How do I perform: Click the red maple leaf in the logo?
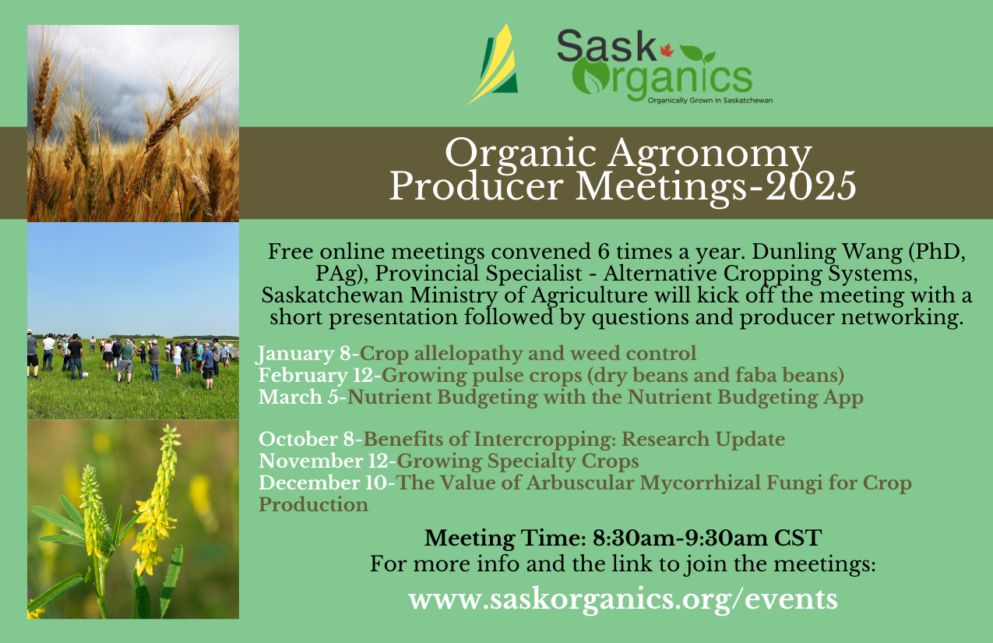click(667, 50)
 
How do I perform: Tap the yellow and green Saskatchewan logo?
click(492, 65)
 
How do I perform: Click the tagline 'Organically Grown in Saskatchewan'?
click(710, 101)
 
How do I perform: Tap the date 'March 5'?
click(298, 397)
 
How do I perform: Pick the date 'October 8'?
click(306, 440)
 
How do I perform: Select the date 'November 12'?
click(324, 461)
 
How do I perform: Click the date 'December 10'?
click(323, 482)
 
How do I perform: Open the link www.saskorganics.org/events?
click(623, 599)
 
